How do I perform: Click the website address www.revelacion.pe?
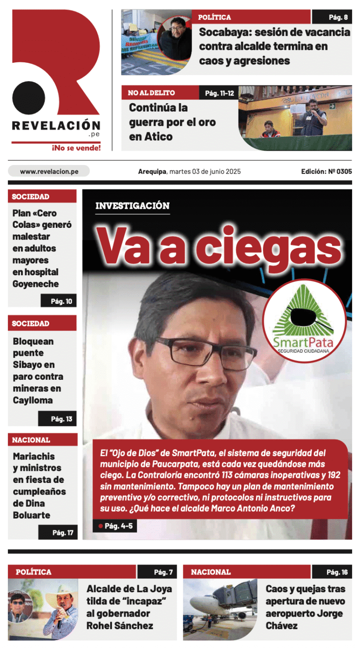pos(49,172)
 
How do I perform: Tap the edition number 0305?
pos(344,172)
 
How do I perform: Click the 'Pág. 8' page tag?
pos(338,17)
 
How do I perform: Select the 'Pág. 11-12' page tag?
pos(219,93)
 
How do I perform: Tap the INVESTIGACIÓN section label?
pos(132,205)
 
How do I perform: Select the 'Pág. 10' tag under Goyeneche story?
pos(61,301)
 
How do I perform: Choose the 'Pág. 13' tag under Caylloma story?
pos(61,419)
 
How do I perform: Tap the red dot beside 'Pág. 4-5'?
pos(100,526)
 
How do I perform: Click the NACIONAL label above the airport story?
pos(211,572)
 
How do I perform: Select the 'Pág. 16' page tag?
pos(337,572)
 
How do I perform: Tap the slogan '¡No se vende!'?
pos(76,148)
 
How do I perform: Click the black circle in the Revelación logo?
pos(29,98)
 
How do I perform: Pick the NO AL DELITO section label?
pos(151,93)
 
